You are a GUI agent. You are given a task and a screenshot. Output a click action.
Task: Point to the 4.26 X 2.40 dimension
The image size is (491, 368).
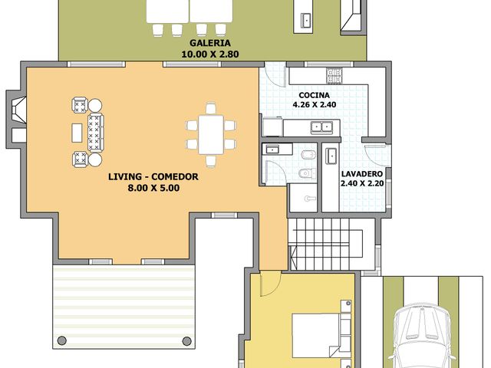coord(315,105)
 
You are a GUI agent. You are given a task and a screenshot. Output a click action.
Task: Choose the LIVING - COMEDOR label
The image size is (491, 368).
coord(153,177)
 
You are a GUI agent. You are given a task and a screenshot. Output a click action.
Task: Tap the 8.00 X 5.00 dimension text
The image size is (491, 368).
coord(153,187)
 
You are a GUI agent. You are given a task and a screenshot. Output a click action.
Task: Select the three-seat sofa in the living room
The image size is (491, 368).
coord(96,132)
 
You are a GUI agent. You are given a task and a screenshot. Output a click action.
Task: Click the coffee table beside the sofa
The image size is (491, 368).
coord(77,132)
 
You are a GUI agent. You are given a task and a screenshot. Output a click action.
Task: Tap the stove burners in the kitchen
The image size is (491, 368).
coord(334,75)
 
